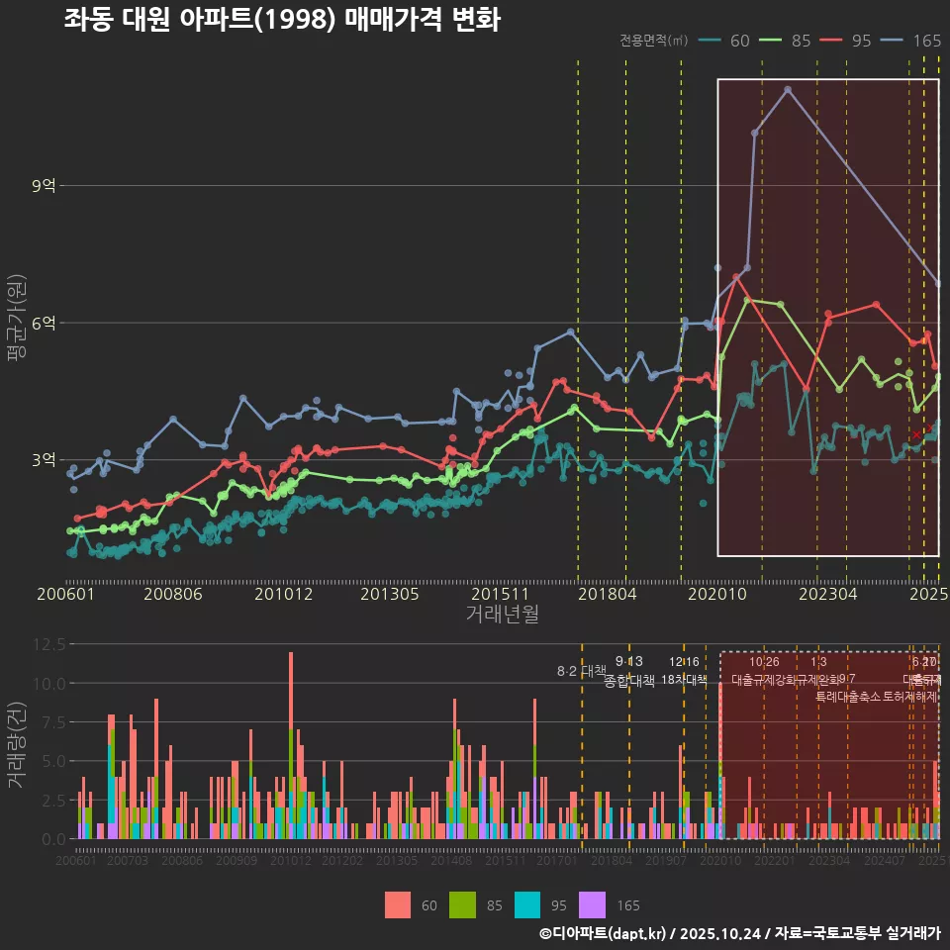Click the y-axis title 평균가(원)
point(17,323)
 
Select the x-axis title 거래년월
point(502,614)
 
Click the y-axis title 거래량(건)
point(17,744)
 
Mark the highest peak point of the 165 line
point(788,89)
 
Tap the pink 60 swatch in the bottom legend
point(397,904)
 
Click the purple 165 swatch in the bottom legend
point(593,904)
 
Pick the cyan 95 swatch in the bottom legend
point(527,904)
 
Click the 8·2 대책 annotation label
point(582,671)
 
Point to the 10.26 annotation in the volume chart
point(764,662)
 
